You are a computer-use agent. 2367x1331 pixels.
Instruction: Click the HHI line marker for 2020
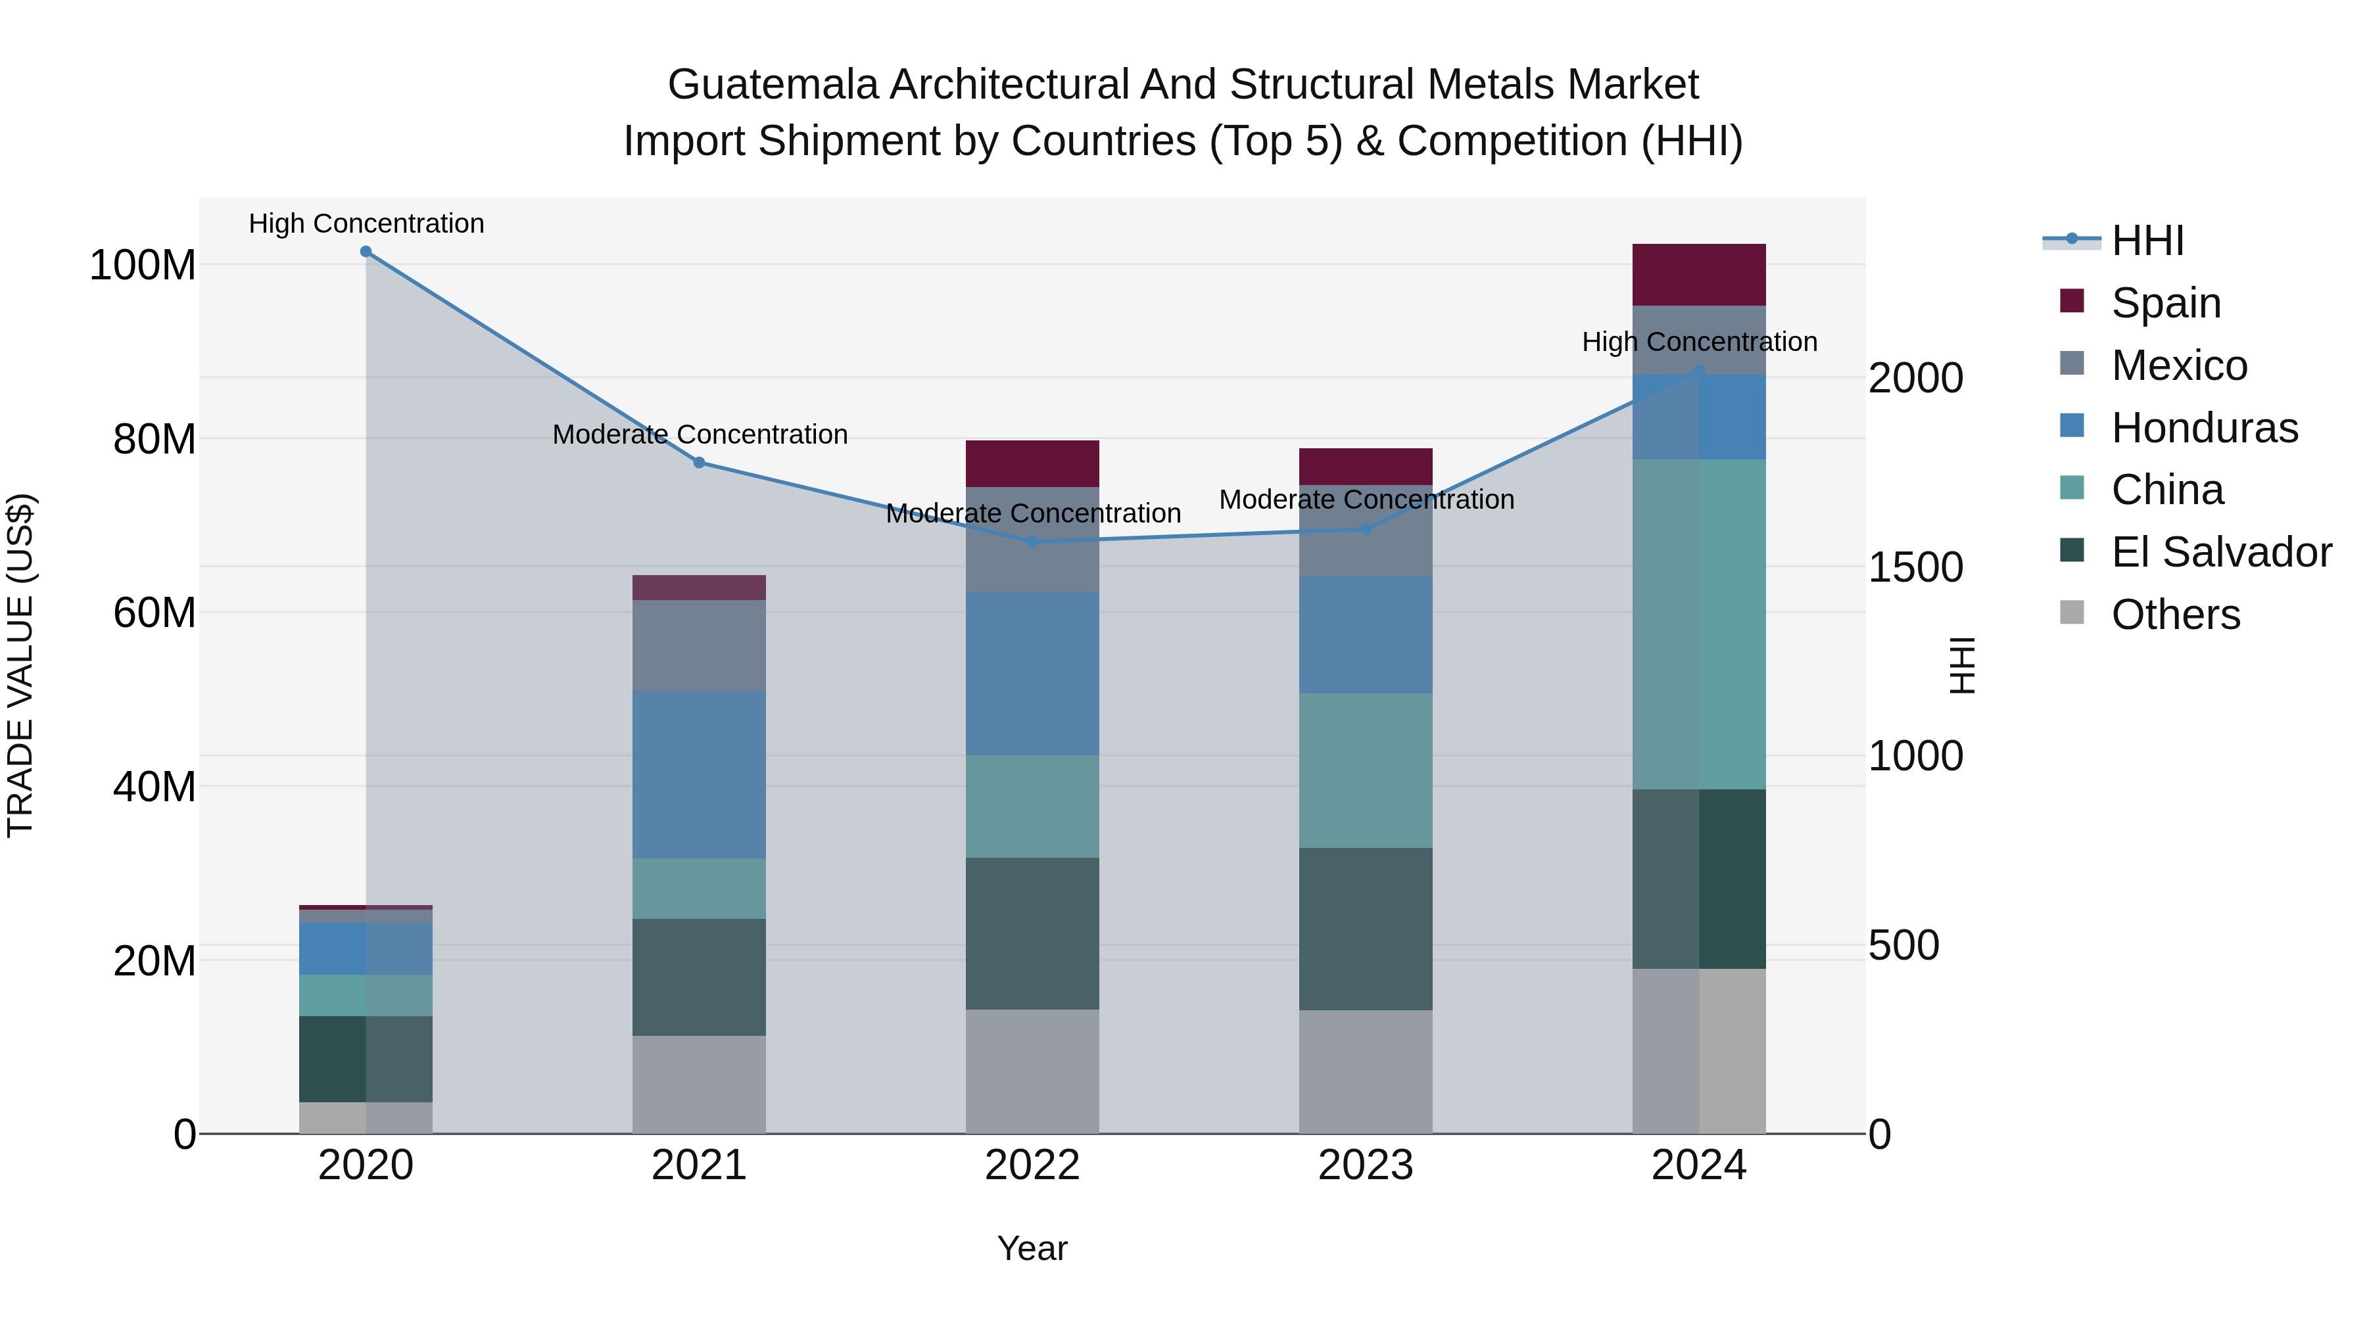coord(366,252)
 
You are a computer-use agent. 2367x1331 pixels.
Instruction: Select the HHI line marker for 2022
coord(1033,542)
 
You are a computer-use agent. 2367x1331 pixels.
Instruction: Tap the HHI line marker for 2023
coord(1366,529)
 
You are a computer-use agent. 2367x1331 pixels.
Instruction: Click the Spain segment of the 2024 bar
coord(1699,275)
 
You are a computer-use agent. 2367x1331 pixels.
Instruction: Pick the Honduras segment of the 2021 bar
coord(700,774)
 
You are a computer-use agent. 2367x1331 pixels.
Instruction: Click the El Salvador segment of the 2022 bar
coord(1033,933)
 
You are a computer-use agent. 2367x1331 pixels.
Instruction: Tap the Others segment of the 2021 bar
coord(700,1084)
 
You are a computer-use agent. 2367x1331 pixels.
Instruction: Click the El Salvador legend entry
coord(2220,552)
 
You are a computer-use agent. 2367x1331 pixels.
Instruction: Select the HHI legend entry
coord(2147,241)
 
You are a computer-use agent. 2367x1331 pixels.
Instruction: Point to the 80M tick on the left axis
coord(155,439)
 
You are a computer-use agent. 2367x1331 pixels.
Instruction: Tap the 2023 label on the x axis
coord(1366,1165)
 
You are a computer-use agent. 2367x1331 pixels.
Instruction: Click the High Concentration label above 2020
coord(366,223)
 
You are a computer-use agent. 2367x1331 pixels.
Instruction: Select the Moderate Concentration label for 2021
coord(700,434)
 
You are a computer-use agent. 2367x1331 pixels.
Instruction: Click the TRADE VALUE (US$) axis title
coord(20,665)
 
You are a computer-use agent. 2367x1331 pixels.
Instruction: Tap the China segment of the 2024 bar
coord(1699,624)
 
